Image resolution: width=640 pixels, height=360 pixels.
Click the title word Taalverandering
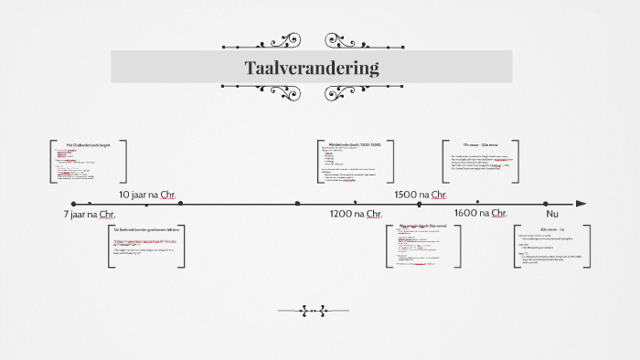pyautogui.click(x=312, y=68)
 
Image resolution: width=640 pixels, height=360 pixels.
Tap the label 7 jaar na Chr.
pyautogui.click(x=89, y=215)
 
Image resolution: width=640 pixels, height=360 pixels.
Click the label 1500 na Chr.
pyautogui.click(x=420, y=195)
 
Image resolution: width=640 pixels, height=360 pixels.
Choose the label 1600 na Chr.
pyautogui.click(x=480, y=214)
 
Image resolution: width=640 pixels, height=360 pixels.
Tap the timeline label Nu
pyautogui.click(x=551, y=214)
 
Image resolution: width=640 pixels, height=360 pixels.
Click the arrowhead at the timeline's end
pyautogui.click(x=581, y=204)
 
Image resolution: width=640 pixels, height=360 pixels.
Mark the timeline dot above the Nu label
pyautogui.click(x=546, y=204)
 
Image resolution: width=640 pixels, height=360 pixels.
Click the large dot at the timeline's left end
pyautogui.click(x=74, y=204)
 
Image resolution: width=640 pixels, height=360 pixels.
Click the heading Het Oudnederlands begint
pyautogui.click(x=87, y=144)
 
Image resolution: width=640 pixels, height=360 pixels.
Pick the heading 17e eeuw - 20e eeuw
pyautogui.click(x=482, y=144)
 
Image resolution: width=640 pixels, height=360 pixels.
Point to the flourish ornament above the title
pyautogui.click(x=312, y=42)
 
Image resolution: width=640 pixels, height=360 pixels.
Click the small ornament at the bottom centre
pyautogui.click(x=313, y=312)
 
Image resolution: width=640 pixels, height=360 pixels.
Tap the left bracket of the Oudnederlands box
pyautogui.click(x=51, y=162)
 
